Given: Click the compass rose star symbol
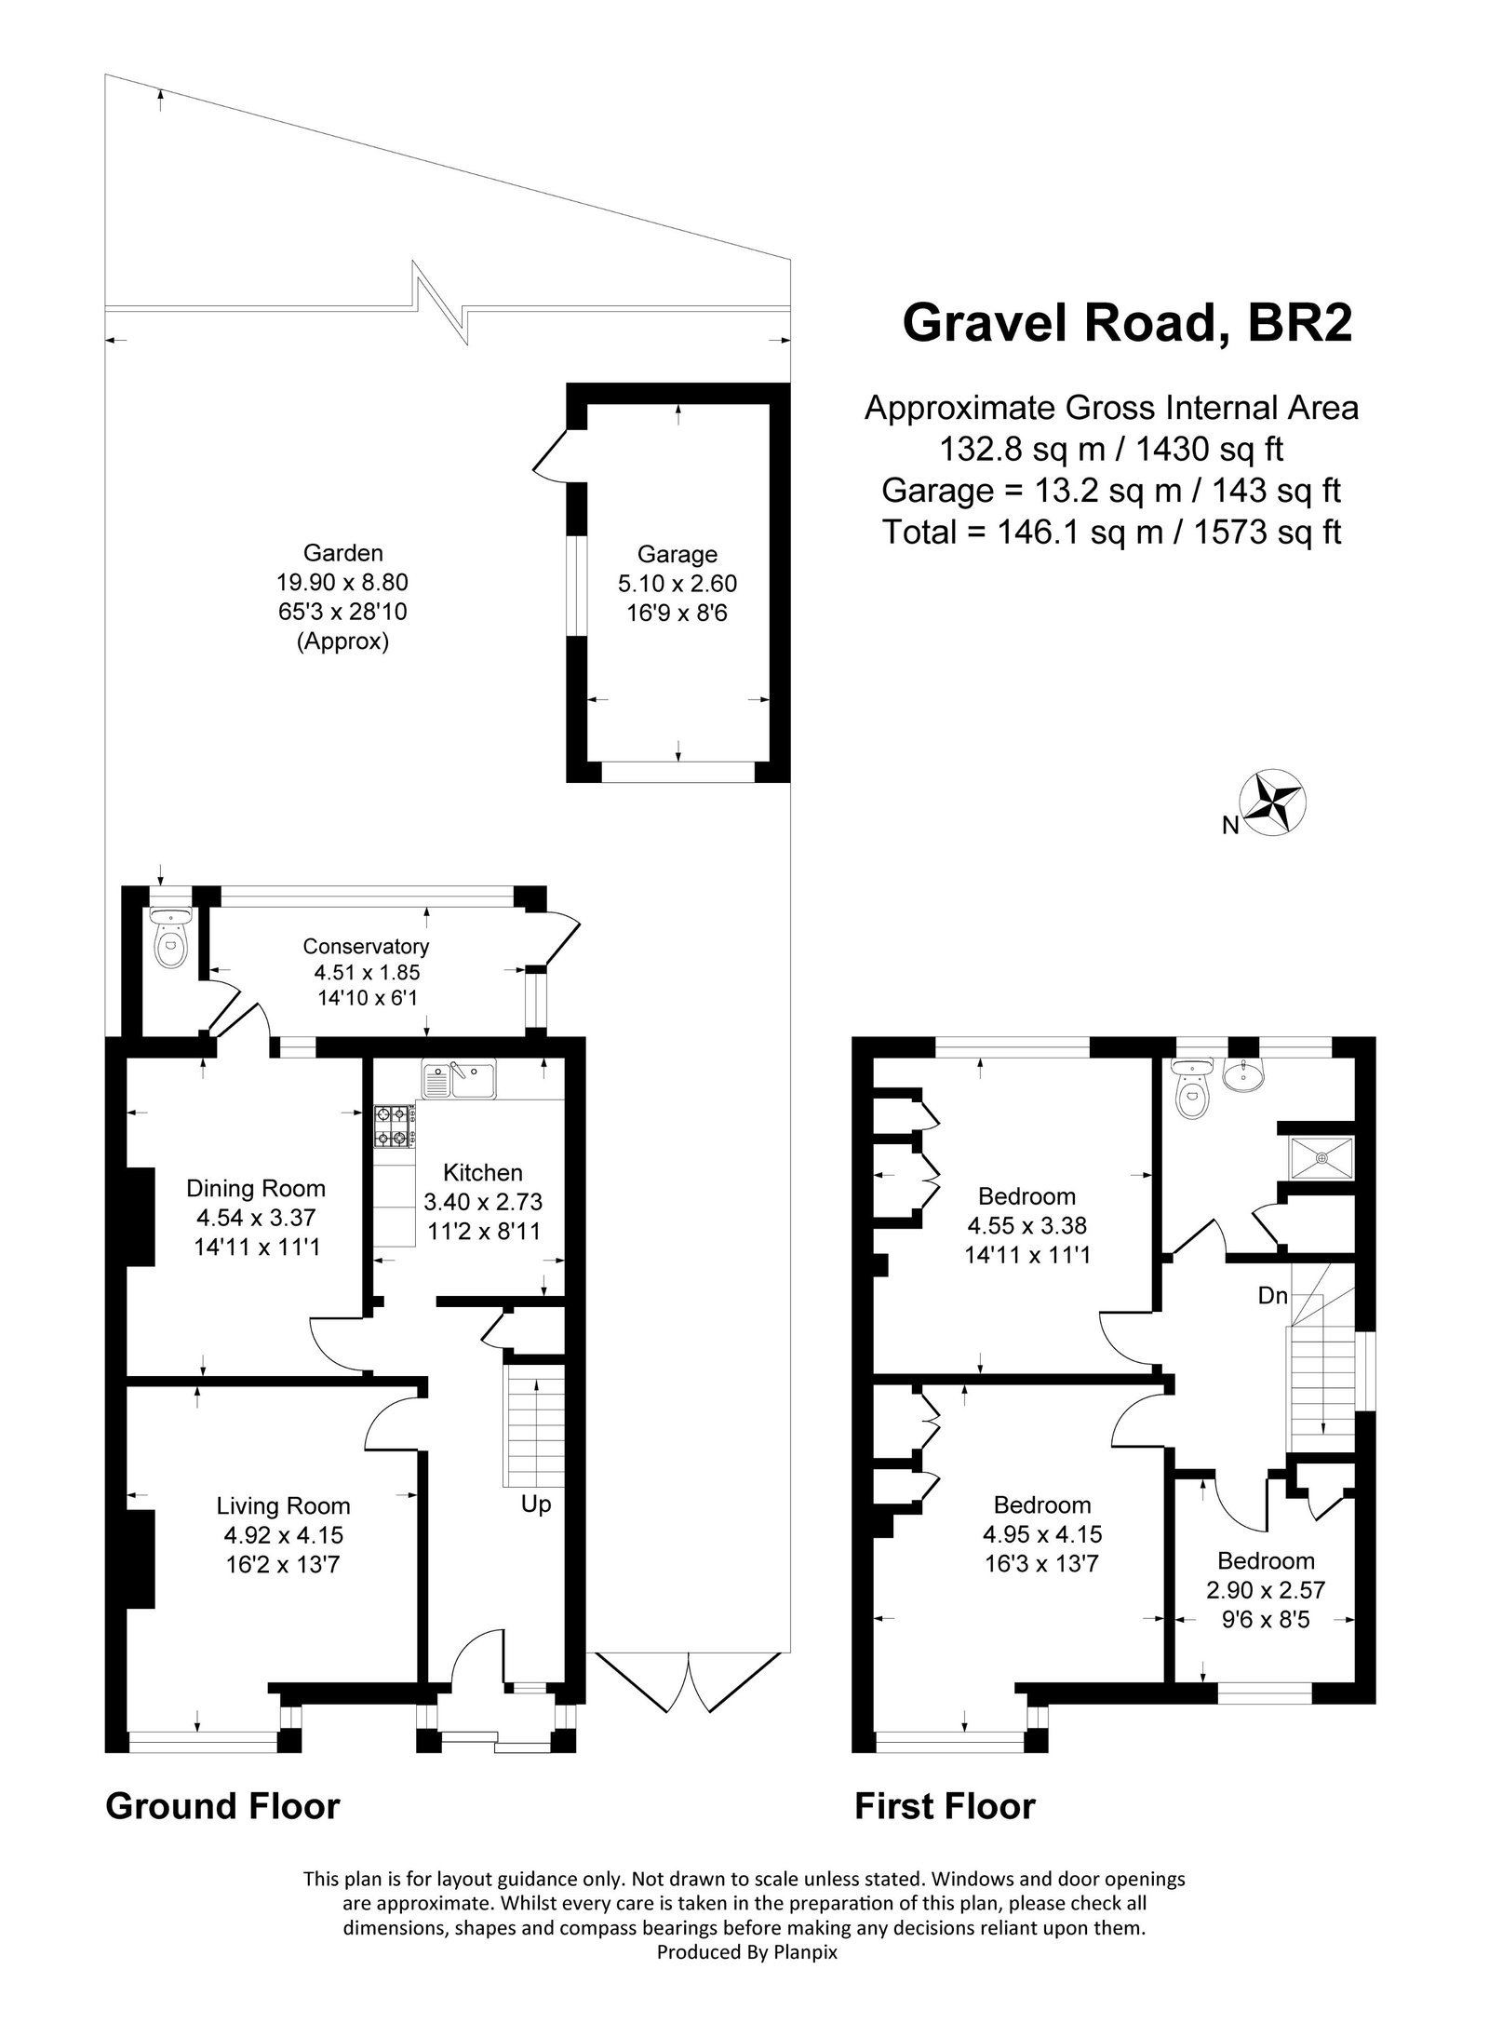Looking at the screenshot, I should point(1273,801).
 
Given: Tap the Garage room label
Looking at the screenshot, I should point(677,555).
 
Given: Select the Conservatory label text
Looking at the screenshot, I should point(366,947).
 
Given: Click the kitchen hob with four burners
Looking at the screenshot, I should point(395,1125).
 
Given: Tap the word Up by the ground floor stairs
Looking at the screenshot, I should point(536,1504).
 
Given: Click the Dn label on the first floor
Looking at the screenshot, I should point(1272,1294).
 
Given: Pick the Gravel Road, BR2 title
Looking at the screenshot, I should point(1127,324).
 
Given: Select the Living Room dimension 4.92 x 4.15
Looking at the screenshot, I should point(283,1535).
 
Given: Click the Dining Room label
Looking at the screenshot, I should point(256,1188).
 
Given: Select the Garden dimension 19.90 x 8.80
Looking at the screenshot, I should point(342,583).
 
